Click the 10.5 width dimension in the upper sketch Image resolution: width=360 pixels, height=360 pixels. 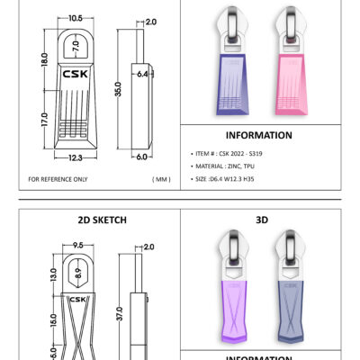click(76, 18)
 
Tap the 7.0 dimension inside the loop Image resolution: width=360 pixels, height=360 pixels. click(76, 46)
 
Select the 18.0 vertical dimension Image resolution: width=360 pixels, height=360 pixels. click(44, 59)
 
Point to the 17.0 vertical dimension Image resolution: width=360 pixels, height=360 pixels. click(44, 120)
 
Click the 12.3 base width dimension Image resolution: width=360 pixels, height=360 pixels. click(76, 157)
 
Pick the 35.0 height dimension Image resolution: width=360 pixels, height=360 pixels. click(118, 89)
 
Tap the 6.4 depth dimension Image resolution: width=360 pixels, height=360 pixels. click(142, 74)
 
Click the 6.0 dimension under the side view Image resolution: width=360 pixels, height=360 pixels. click(142, 157)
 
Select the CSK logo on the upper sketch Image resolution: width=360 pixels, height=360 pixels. click(76, 74)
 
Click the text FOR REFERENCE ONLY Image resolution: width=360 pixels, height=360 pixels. click(58, 179)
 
